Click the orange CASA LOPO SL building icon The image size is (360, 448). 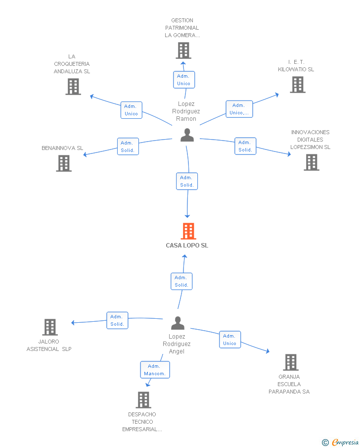188,231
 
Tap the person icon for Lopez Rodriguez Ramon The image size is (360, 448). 187,135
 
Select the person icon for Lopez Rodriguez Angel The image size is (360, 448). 178,323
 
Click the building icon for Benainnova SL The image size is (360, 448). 64,163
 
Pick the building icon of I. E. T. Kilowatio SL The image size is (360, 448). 298,85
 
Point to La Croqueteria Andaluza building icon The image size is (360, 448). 73,87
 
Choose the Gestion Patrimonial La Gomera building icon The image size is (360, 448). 183,50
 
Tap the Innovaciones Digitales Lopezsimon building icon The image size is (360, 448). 312,162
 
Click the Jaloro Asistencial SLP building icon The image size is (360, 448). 50,327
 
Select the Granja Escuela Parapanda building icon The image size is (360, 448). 291,362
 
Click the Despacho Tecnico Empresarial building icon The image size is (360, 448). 143,400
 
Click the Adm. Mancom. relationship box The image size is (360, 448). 155,370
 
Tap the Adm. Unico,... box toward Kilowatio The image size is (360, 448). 239,109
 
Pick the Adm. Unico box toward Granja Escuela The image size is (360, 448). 230,340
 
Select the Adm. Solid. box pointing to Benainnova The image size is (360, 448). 128,147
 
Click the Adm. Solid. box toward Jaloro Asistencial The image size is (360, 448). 117,320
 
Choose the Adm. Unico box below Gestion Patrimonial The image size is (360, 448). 184,80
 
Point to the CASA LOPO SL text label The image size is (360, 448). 187,246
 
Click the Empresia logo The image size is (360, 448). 340,442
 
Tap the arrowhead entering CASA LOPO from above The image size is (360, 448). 187,216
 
